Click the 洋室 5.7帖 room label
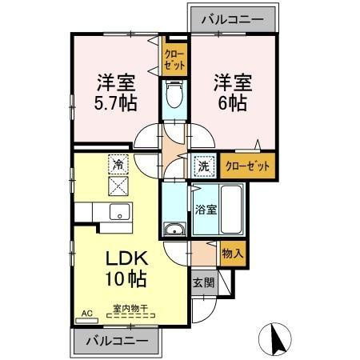[x=116, y=93]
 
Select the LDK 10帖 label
[x=124, y=269]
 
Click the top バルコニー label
[x=232, y=18]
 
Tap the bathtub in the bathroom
[x=231, y=210]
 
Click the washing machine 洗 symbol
[x=203, y=166]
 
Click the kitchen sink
[x=118, y=212]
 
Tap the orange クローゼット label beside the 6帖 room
[x=246, y=166]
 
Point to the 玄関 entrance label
[x=202, y=282]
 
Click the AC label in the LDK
[x=86, y=314]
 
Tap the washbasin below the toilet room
[x=174, y=230]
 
